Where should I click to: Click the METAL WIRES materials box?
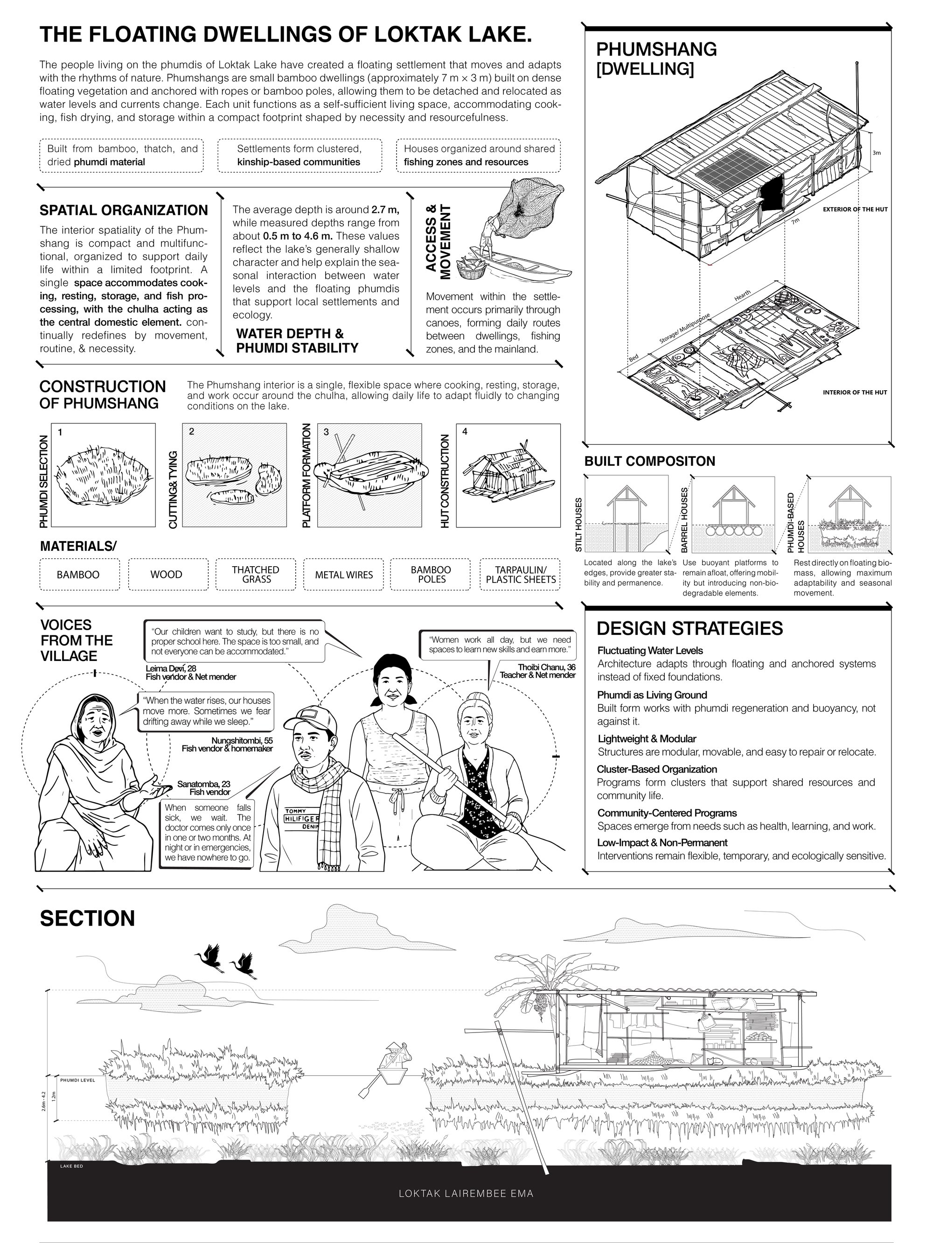pos(344,574)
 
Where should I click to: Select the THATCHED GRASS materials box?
pos(256,574)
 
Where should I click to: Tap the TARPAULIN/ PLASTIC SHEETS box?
pos(521,574)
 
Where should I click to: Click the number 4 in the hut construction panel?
pos(465,432)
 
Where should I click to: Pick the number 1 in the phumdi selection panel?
pos(60,432)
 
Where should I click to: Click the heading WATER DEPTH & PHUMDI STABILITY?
pos(297,341)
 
